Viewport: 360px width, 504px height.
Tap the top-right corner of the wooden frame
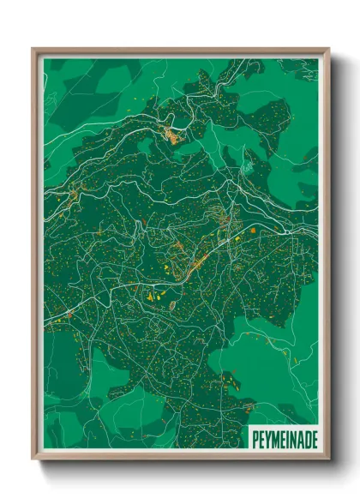[328, 50]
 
